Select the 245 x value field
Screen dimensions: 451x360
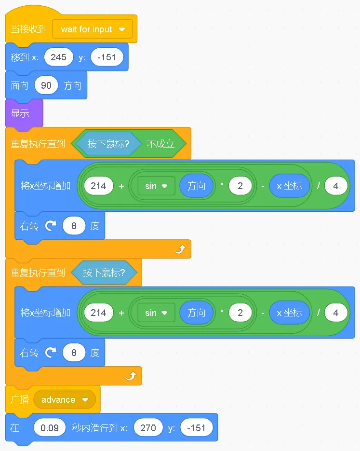coord(58,57)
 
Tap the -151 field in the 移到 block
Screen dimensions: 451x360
coord(107,57)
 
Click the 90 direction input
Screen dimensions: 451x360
coord(46,86)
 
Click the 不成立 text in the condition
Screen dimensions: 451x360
coord(160,144)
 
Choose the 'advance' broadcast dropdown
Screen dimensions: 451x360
coord(65,400)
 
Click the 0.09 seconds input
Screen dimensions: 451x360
coord(50,428)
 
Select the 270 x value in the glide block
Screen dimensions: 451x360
coord(148,428)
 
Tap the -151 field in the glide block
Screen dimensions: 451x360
coord(196,428)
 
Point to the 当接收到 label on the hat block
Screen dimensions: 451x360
coord(29,29)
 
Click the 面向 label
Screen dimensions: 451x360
coord(20,86)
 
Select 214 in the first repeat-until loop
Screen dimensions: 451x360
coord(98,186)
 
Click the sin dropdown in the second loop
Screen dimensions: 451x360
coord(156,313)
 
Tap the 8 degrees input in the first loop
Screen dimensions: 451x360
coord(74,226)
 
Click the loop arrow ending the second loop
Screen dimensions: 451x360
coord(131,376)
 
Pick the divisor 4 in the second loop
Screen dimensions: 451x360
coord(336,313)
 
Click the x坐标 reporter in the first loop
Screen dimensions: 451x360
coord(289,186)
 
